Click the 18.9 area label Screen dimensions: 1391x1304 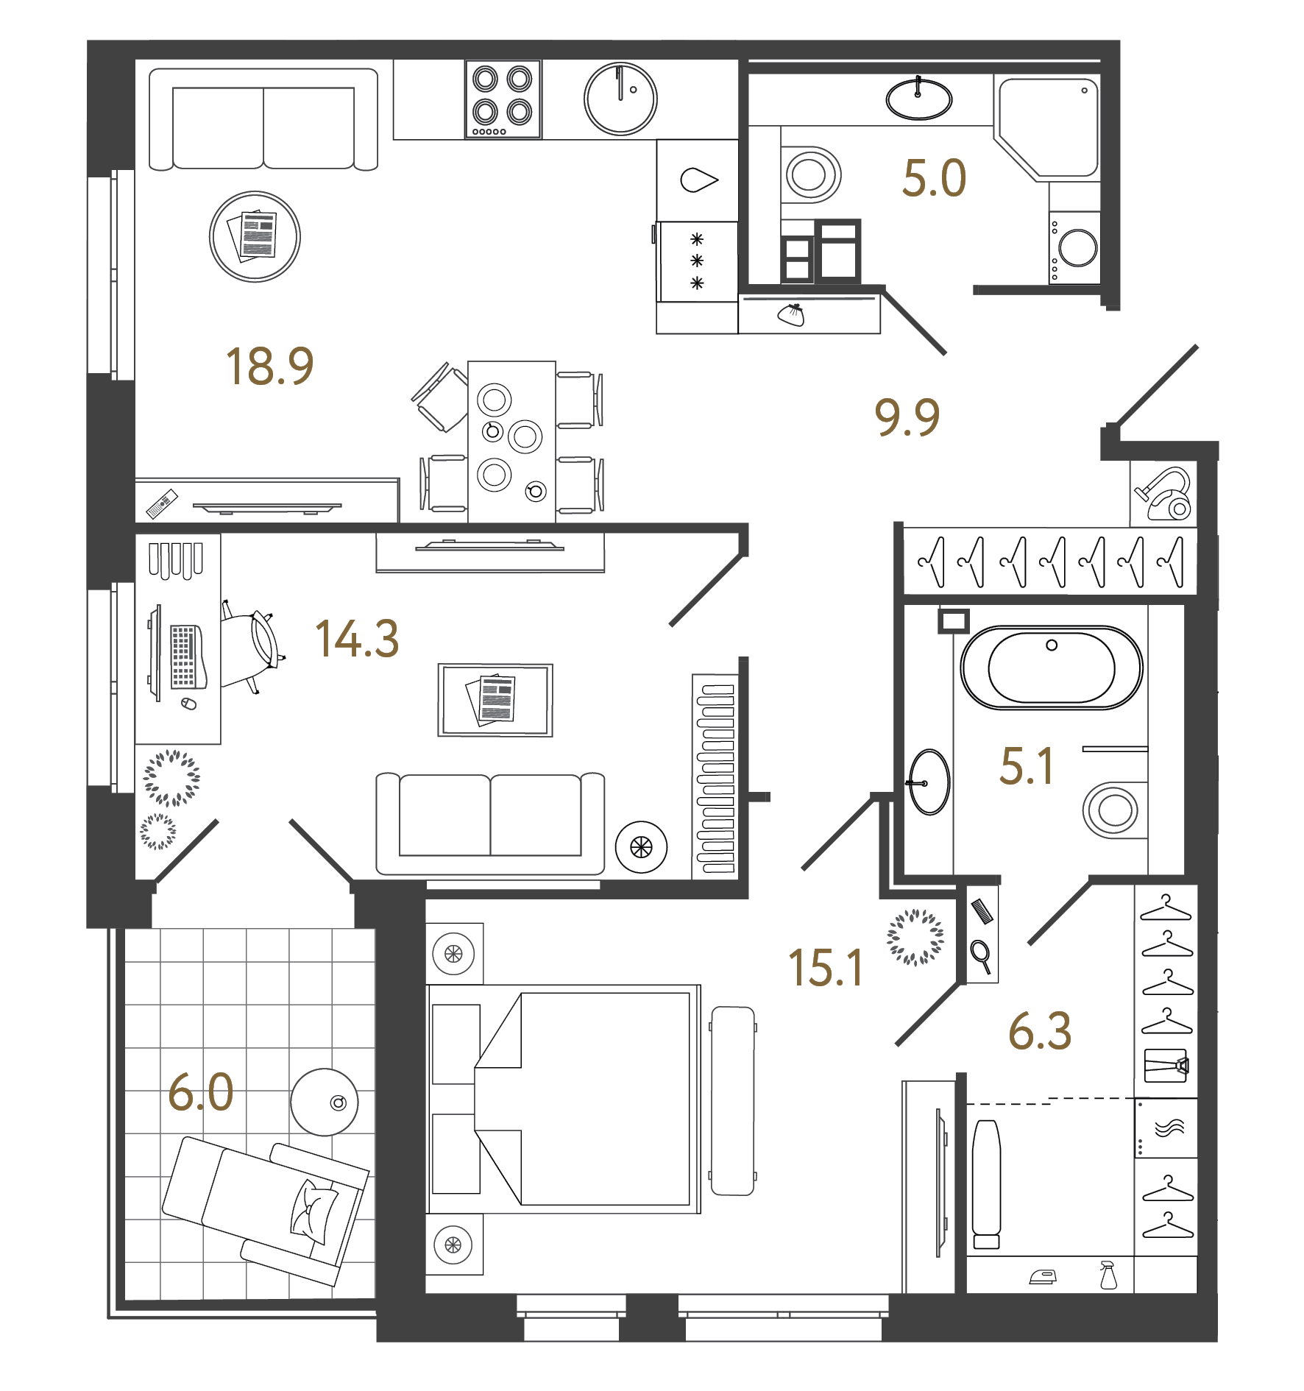(x=269, y=367)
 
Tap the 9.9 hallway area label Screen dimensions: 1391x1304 (x=907, y=417)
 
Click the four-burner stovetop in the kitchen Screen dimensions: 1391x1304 (x=503, y=99)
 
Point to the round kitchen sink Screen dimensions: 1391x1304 (x=620, y=99)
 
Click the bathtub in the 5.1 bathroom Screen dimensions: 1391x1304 (x=1051, y=668)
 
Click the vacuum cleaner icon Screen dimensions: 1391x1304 (x=1165, y=495)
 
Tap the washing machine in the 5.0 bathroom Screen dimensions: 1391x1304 (x=1075, y=248)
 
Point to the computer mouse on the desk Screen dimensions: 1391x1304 (x=189, y=704)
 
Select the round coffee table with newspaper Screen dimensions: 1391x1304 (x=255, y=236)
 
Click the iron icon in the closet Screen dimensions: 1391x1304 (x=1043, y=1277)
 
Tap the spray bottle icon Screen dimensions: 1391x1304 (x=1108, y=1275)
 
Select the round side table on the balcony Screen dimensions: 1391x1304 (x=324, y=1102)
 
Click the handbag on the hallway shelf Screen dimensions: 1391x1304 (x=793, y=314)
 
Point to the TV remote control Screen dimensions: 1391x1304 (x=162, y=503)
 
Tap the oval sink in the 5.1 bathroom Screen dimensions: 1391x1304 (x=929, y=782)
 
